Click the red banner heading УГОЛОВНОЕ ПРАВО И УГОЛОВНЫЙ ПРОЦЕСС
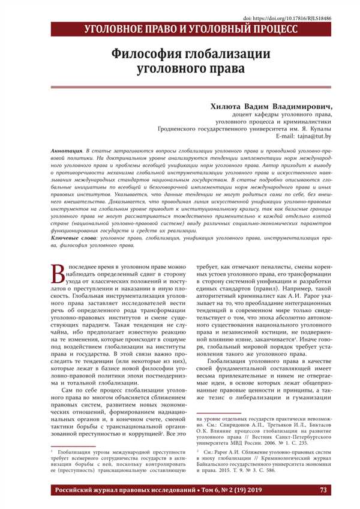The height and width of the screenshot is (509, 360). click(x=191, y=29)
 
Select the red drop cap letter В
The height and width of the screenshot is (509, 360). click(x=58, y=274)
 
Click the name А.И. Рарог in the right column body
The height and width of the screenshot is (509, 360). click(x=286, y=313)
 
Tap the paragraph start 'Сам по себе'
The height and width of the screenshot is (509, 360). click(x=78, y=390)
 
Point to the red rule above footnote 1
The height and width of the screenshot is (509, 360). click(x=71, y=446)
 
